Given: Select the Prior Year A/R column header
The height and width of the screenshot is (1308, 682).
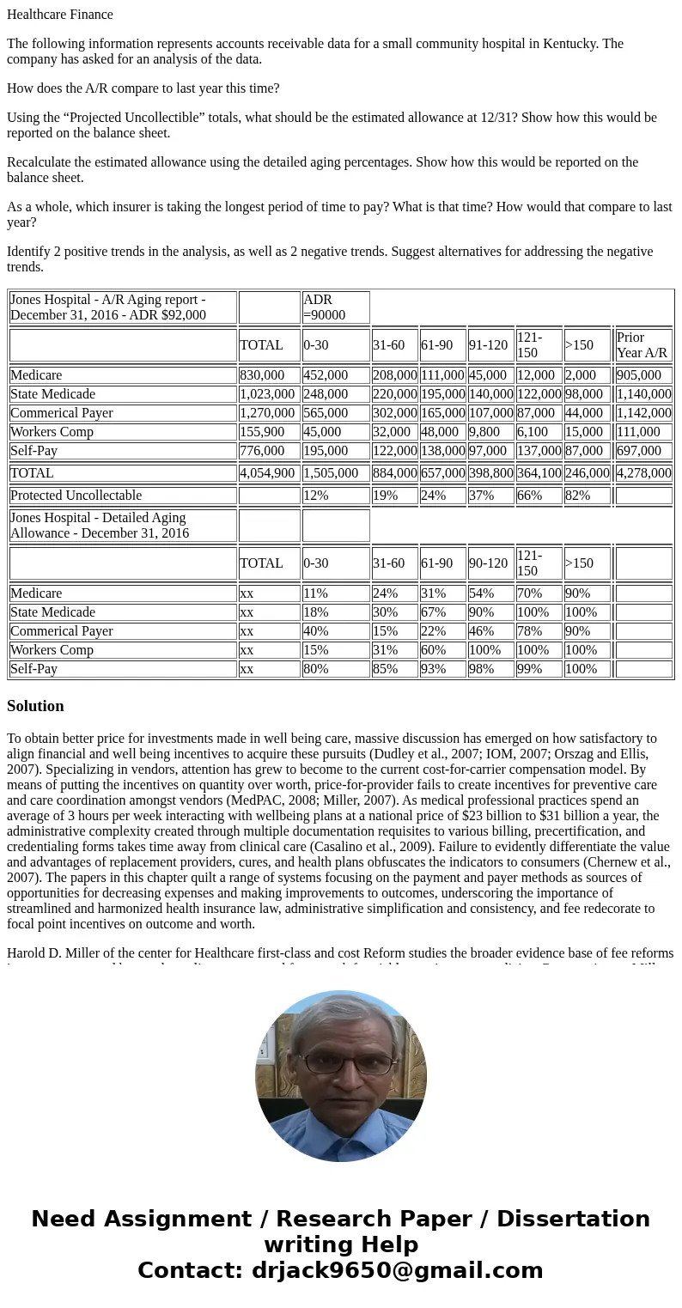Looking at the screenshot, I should pos(643,345).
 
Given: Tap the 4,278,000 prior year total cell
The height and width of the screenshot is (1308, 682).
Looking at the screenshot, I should pos(643,473).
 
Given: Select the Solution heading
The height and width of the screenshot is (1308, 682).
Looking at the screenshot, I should pos(35,706).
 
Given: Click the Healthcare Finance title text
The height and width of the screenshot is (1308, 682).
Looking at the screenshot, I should pos(60,15).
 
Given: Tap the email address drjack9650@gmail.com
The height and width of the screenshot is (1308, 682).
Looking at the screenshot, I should pos(397,1271).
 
